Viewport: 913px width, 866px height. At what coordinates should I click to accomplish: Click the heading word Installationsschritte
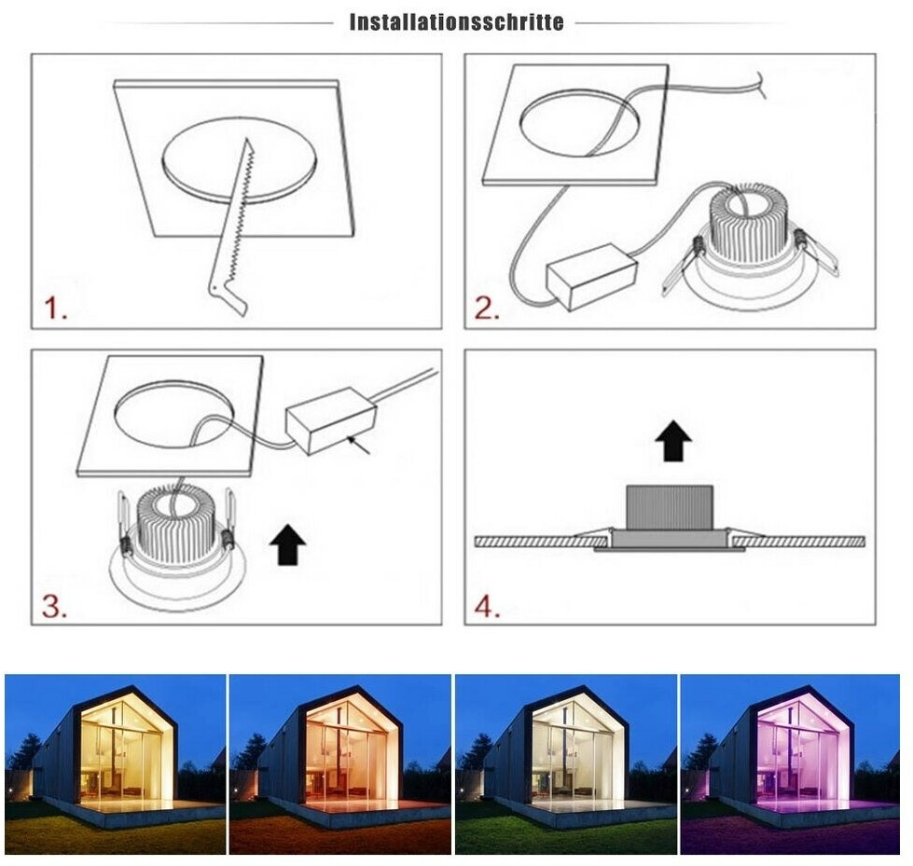click(x=457, y=22)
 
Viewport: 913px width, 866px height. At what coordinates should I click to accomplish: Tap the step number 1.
click(x=55, y=308)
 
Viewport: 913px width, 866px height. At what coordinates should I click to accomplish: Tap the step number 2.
click(x=487, y=308)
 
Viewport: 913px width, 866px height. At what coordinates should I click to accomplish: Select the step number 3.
click(x=54, y=607)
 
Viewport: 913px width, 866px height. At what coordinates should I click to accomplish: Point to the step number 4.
click(x=487, y=607)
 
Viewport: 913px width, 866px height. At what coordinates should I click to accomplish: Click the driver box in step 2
click(x=591, y=277)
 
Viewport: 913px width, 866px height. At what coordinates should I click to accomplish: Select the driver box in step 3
click(x=331, y=420)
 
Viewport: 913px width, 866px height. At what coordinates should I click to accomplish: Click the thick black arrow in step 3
click(x=287, y=544)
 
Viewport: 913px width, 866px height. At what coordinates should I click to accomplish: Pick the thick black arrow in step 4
click(x=673, y=441)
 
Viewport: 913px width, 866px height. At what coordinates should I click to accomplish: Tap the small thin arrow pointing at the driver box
click(x=358, y=445)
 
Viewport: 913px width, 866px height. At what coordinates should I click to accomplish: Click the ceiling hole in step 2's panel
click(x=576, y=123)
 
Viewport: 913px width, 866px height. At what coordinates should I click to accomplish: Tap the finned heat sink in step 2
click(x=749, y=223)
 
